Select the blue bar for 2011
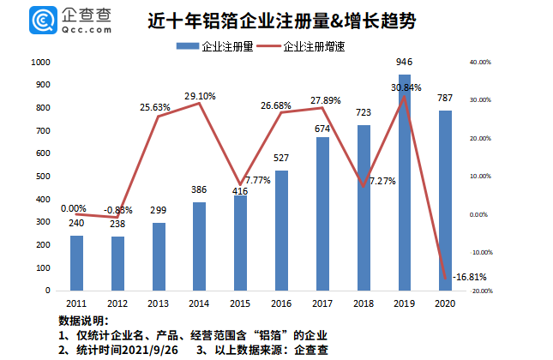pyautogui.click(x=76, y=263)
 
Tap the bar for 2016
pyautogui.click(x=280, y=231)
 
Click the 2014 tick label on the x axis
pyautogui.click(x=199, y=303)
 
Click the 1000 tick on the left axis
pyautogui.click(x=40, y=63)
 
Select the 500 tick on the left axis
pyautogui.click(x=43, y=177)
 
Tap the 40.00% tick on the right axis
pyautogui.click(x=480, y=63)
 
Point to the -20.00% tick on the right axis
pyautogui.click(x=480, y=291)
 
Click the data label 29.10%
pyautogui.click(x=199, y=95)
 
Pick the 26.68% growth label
pyautogui.click(x=280, y=105)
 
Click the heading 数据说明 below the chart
pyautogui.click(x=85, y=321)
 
